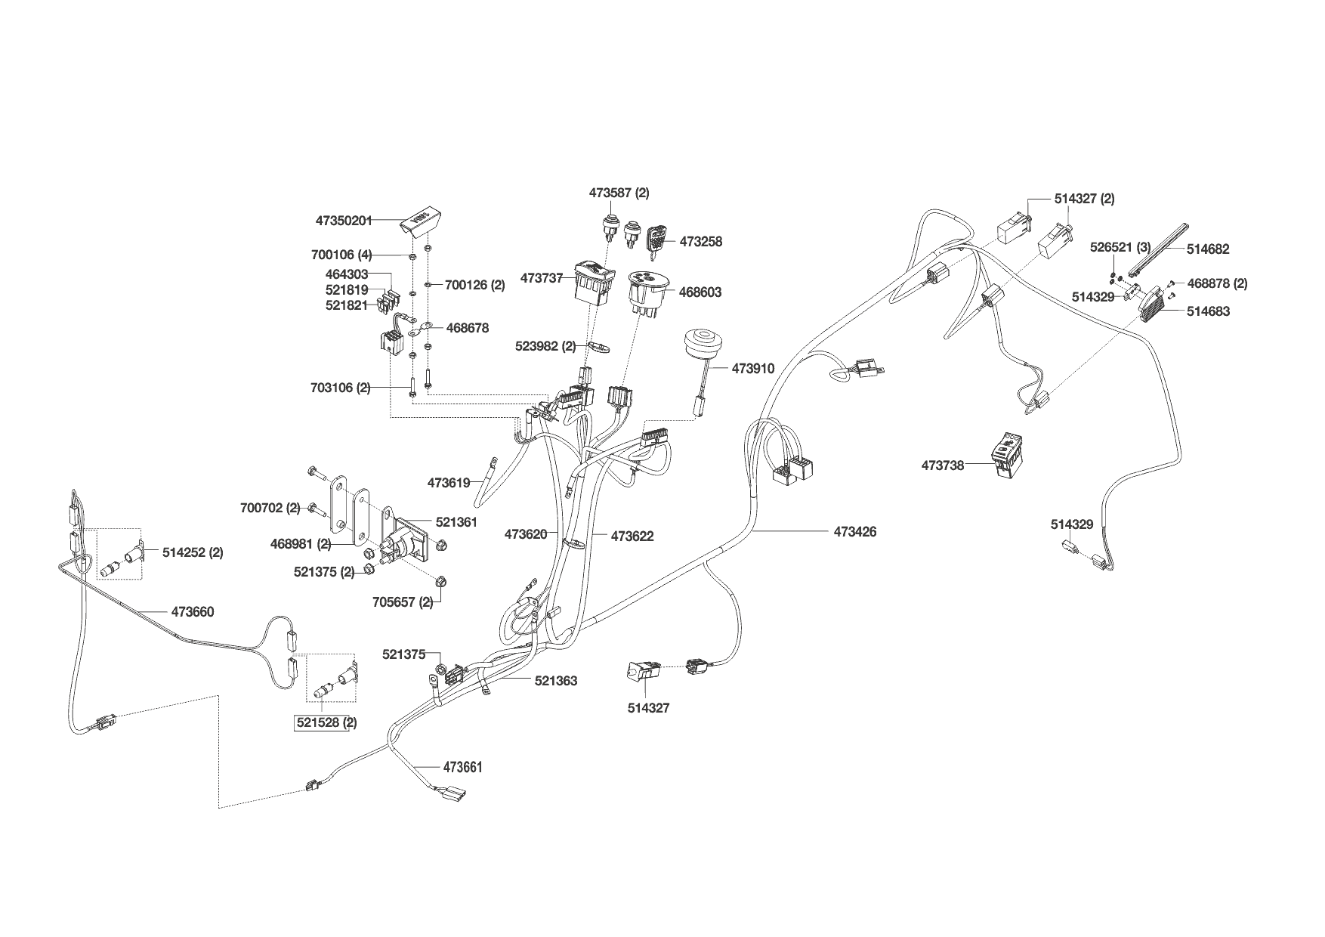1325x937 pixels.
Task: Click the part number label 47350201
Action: (344, 221)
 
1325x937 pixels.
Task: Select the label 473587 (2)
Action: (619, 193)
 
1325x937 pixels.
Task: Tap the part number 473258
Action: (700, 242)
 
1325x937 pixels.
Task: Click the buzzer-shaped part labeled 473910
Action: (699, 346)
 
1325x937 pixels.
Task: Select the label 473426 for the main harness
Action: (855, 532)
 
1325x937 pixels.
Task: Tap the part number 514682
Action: (1207, 249)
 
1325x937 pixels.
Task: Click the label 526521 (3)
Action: (1120, 247)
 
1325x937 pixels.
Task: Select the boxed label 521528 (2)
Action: (326, 723)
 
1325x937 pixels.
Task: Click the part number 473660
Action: (193, 612)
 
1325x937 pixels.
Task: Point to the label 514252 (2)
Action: (193, 552)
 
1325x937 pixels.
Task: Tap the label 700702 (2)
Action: (270, 508)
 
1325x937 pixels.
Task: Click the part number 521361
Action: (456, 522)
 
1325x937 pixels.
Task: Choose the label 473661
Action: (462, 768)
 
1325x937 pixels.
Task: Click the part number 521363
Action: (556, 681)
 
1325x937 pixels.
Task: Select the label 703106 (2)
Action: (341, 388)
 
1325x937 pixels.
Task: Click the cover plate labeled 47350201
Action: (421, 221)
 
